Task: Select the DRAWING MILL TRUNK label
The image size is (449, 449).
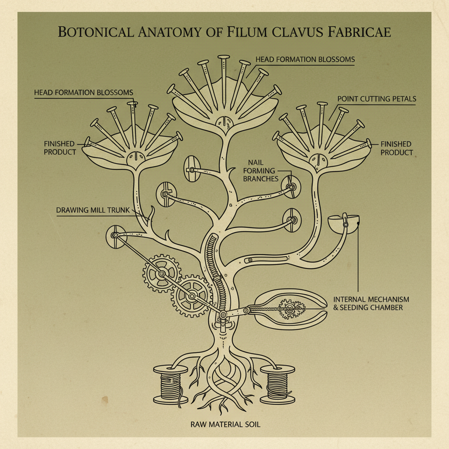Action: pyautogui.click(x=93, y=210)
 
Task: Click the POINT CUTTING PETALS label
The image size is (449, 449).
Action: pyautogui.click(x=377, y=99)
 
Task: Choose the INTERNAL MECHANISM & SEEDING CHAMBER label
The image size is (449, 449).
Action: pyautogui.click(x=371, y=303)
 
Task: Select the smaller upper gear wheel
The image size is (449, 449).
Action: pyautogui.click(x=161, y=274)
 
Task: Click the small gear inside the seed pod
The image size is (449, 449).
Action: pyautogui.click(x=289, y=310)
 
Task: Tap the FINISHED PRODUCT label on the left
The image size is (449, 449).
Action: pyautogui.click(x=59, y=148)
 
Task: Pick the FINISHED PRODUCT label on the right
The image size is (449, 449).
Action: pyautogui.click(x=396, y=148)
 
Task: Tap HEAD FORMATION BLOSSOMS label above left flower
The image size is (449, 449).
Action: pyautogui.click(x=83, y=93)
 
